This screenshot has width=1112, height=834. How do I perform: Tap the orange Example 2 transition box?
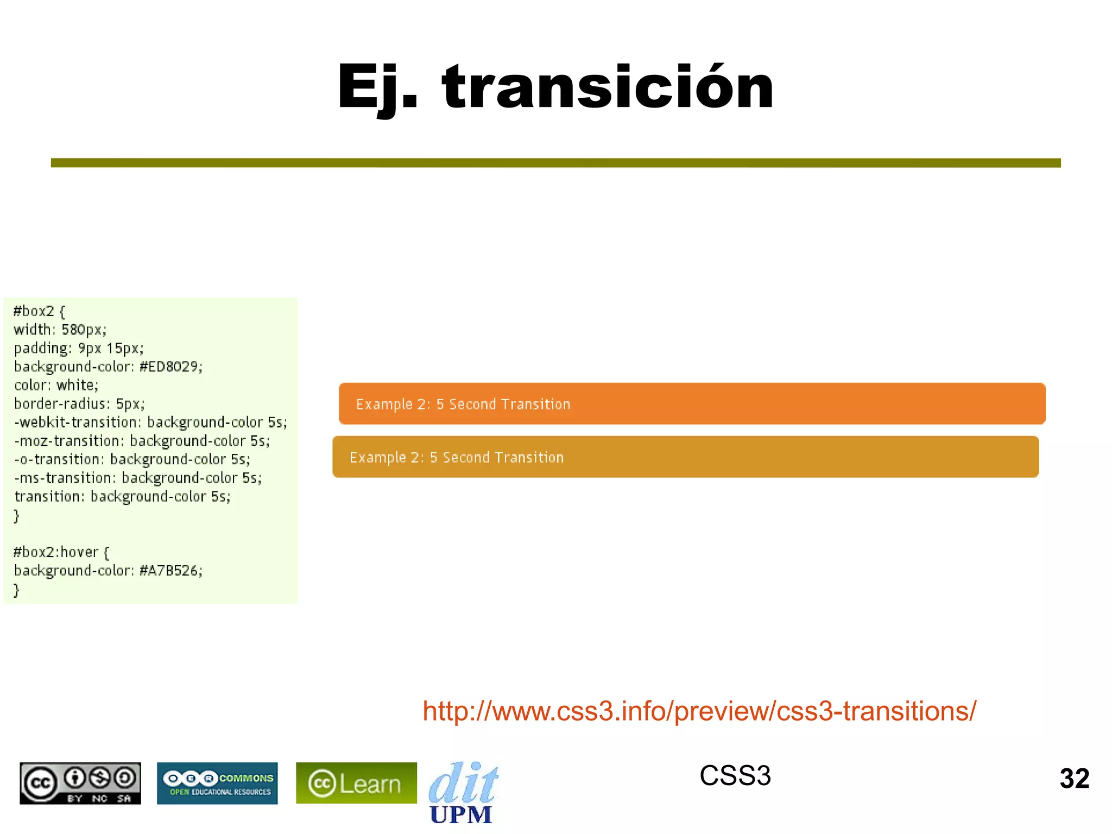click(692, 403)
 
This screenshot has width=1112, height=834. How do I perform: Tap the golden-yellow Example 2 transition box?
click(685, 457)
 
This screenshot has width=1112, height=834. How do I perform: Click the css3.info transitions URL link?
click(699, 711)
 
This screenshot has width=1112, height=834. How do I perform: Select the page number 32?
click(1074, 779)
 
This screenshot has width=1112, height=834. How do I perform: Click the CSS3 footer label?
click(735, 775)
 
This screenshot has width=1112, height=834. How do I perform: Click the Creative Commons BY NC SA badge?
click(80, 783)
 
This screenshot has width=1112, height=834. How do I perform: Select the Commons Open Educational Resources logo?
click(217, 783)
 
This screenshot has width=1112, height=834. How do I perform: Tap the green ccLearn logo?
click(356, 783)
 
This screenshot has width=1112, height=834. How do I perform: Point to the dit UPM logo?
click(463, 793)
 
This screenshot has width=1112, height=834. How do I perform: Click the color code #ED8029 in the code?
click(171, 367)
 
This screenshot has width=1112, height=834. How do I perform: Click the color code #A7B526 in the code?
click(171, 571)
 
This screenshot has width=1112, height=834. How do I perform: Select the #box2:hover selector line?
click(61, 552)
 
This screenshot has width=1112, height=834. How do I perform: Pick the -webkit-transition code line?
click(150, 422)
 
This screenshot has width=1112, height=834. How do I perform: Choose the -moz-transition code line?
click(142, 441)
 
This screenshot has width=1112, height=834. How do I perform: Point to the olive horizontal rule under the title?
click(555, 163)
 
